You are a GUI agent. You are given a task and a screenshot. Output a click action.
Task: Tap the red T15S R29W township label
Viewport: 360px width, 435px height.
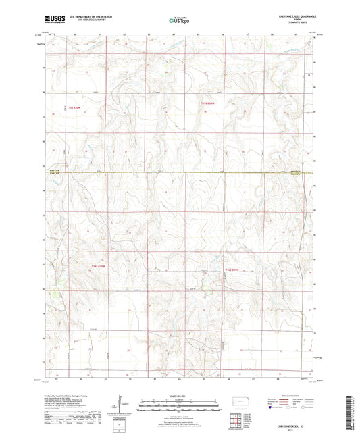[x=211, y=103]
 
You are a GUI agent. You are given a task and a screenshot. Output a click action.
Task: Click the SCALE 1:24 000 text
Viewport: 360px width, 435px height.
[x=180, y=395]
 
